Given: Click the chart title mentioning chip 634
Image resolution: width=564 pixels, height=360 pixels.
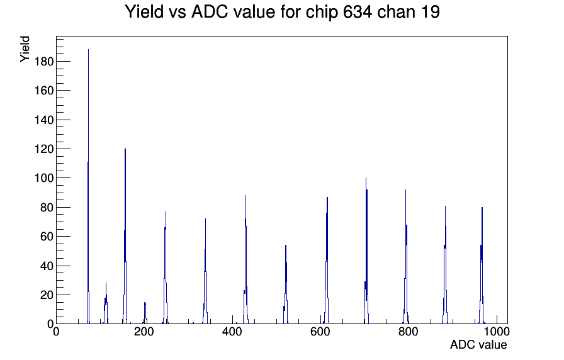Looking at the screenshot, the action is pos(283,12).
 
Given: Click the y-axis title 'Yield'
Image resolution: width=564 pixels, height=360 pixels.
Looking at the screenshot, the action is pos(25,49).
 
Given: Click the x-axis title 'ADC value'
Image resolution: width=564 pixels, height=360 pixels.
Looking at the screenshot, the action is pos(478,344).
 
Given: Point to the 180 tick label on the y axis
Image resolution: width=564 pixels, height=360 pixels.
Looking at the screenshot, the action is pos(43,62).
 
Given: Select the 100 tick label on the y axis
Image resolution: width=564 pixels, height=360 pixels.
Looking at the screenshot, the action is pos(43,178).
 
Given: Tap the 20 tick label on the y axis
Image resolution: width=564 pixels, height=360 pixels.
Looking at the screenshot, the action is pos(47,295).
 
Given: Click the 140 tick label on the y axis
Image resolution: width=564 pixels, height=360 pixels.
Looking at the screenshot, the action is pos(43,120).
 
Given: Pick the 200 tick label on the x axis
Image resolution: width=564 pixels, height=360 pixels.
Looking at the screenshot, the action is pos(144,332).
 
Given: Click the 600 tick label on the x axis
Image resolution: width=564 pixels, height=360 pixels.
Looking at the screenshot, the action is pos(320,332).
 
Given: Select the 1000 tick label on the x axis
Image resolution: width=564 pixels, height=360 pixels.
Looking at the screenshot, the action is pos(496,332).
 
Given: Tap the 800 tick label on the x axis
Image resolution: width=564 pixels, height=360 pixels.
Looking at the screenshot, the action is pos(409,332).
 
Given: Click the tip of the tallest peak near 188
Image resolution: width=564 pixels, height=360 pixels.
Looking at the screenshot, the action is pos(89,50).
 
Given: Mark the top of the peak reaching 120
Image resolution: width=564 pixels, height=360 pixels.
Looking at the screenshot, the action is pos(125,149).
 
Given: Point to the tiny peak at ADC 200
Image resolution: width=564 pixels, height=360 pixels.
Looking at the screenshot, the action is pos(145,303).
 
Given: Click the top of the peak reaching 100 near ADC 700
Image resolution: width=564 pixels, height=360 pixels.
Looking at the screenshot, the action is pos(366,178).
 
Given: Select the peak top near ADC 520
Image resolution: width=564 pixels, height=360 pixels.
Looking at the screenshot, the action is pos(286,245).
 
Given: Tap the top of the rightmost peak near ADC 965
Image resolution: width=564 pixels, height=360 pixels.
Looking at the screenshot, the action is pos(482,208).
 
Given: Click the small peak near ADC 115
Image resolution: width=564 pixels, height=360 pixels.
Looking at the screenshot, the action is pos(106,283).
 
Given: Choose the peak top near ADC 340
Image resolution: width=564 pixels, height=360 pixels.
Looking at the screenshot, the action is pos(205,219).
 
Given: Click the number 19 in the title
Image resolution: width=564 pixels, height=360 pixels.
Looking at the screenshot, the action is pos(429,12).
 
